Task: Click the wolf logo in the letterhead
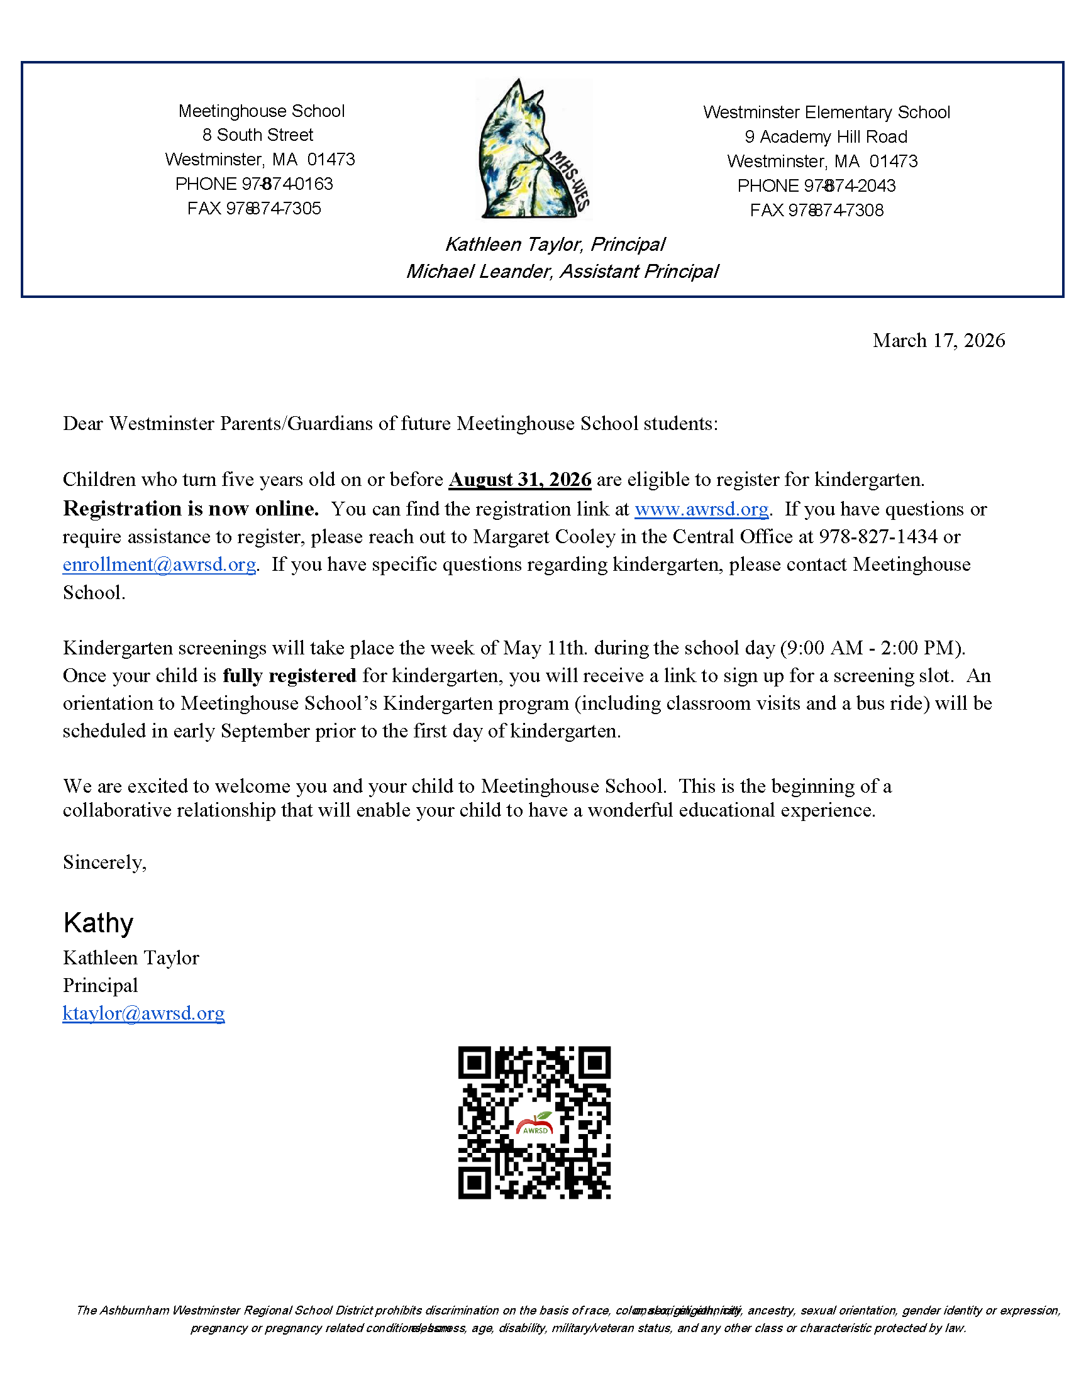click(533, 150)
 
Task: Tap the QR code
click(534, 1122)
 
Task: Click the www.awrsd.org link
click(701, 509)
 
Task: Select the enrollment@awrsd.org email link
click(159, 565)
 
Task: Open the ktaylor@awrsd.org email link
click(143, 1013)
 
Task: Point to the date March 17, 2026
click(939, 341)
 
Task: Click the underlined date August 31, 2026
click(520, 480)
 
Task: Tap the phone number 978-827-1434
click(878, 537)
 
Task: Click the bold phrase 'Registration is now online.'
click(191, 509)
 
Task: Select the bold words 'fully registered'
click(289, 676)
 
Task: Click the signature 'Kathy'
click(98, 923)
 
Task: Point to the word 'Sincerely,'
click(104, 862)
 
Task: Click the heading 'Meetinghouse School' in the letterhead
click(261, 111)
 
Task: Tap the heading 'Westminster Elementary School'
click(826, 113)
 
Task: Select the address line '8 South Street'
click(258, 135)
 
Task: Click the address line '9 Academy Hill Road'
click(826, 137)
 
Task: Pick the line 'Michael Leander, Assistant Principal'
click(562, 272)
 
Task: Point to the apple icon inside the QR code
click(535, 1125)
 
